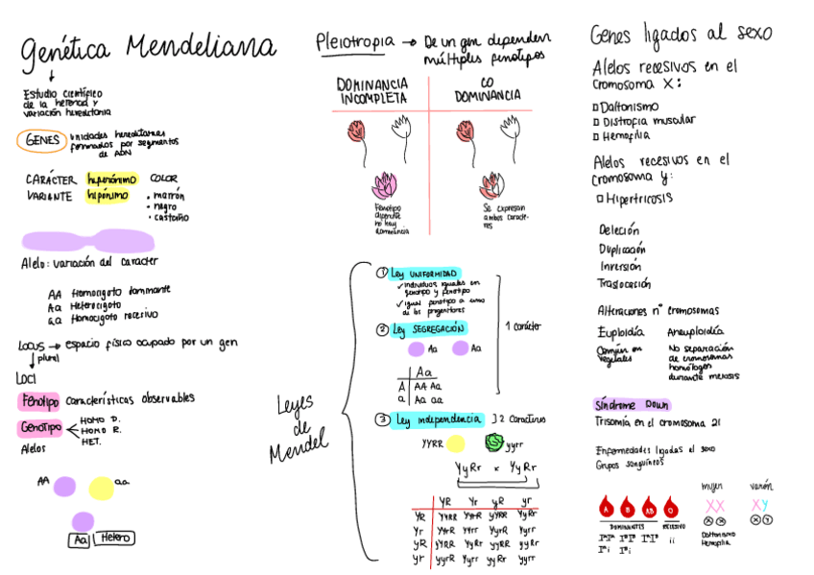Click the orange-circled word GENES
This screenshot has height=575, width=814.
coord(40,140)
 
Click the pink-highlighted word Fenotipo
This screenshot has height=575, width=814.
coord(38,400)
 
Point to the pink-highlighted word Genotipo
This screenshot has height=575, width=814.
coord(39,427)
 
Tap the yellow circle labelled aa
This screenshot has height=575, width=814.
coord(101,488)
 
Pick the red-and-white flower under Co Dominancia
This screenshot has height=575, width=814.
coord(493,183)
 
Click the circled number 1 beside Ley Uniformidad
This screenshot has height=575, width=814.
coord(381,274)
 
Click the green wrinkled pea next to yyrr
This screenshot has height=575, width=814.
coord(493,443)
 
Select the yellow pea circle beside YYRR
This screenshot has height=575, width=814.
coord(455,443)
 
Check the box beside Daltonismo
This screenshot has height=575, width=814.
coord(597,107)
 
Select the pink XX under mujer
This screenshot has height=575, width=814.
coord(714,505)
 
